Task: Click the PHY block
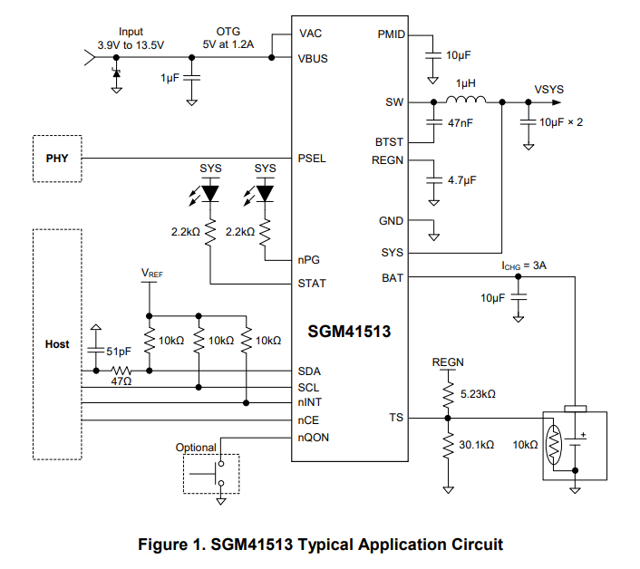56,159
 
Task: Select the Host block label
56,344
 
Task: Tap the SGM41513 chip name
348,332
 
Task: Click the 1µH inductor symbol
468,100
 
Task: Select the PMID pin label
391,34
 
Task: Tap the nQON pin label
313,438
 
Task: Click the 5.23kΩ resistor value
478,394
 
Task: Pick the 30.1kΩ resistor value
478,446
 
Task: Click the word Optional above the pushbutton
196,448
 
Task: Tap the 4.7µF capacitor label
461,179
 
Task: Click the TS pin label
396,418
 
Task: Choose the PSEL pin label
312,159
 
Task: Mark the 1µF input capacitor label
170,79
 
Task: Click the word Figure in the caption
162,545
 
